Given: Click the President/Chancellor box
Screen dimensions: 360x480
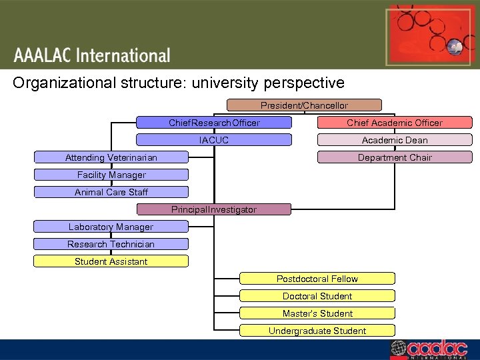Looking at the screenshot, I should [x=304, y=105].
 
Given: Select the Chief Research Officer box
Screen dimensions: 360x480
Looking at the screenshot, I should [x=214, y=123].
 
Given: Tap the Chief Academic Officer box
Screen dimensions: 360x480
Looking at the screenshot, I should [x=394, y=123].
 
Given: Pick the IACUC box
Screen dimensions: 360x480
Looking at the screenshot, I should [x=214, y=140].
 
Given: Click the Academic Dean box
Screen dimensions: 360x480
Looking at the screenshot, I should [x=394, y=140].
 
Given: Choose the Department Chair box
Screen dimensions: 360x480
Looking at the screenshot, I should [x=394, y=157].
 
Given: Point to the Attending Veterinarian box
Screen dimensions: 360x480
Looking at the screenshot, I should [x=111, y=157].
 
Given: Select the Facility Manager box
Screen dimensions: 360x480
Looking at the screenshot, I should [x=111, y=175].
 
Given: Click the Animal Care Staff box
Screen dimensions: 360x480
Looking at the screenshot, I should [x=111, y=192].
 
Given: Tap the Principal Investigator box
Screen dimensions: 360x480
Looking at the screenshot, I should [x=214, y=209].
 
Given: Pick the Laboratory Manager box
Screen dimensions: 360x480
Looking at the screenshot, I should [x=111, y=227].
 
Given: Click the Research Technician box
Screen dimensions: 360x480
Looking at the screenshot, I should [x=111, y=244].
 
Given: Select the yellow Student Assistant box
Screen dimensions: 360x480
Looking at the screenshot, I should [x=111, y=261].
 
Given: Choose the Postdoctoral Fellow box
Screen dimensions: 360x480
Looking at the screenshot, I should [x=317, y=279].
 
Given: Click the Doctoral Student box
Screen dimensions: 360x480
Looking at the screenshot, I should [x=317, y=296].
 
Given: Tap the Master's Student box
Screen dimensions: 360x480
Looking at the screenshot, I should [x=317, y=313].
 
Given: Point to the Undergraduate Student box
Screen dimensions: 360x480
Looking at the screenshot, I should [x=317, y=331].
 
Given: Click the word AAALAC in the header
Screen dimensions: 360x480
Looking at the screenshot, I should [x=41, y=56].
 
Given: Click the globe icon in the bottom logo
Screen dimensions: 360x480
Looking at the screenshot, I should [x=398, y=349].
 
